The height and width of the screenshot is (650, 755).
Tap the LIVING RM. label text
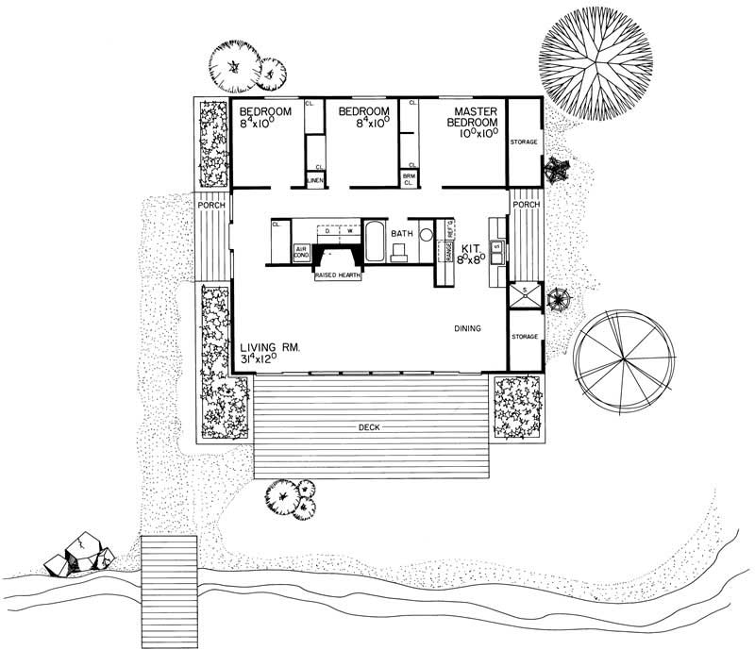coord(270,347)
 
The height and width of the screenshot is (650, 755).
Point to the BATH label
coord(404,232)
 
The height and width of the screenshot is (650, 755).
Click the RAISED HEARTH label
coord(337,276)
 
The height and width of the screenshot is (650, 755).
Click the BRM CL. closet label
coord(410,178)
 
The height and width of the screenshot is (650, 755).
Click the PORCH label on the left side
coord(210,204)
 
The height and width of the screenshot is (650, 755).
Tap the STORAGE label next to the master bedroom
coord(524,142)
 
